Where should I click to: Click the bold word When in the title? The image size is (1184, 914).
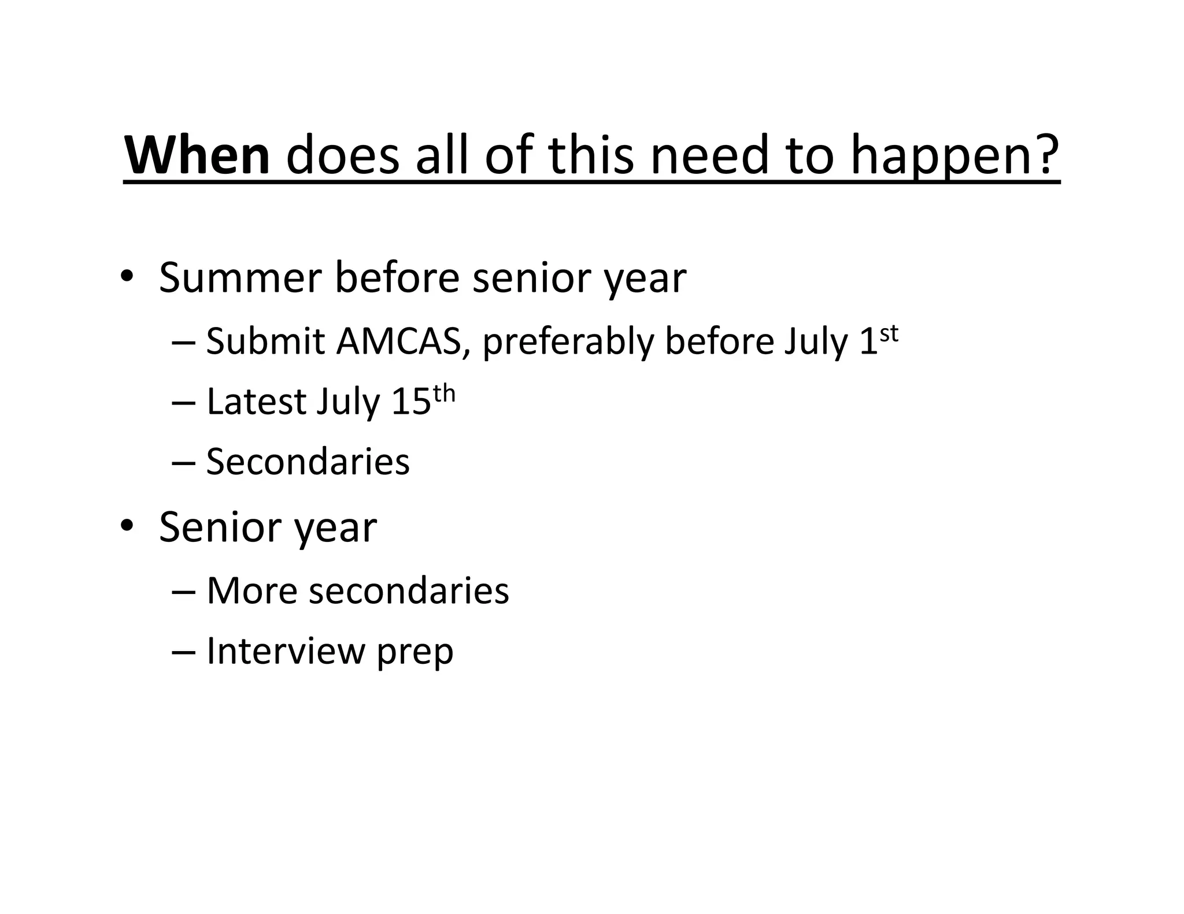197,155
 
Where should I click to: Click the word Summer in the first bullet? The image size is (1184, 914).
240,278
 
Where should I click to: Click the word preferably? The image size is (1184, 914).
568,342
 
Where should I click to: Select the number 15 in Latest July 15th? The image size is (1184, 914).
411,402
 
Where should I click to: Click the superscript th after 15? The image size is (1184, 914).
444,394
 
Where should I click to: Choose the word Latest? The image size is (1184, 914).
257,402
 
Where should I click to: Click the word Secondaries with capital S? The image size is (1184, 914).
308,462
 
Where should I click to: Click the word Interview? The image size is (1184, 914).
286,651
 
